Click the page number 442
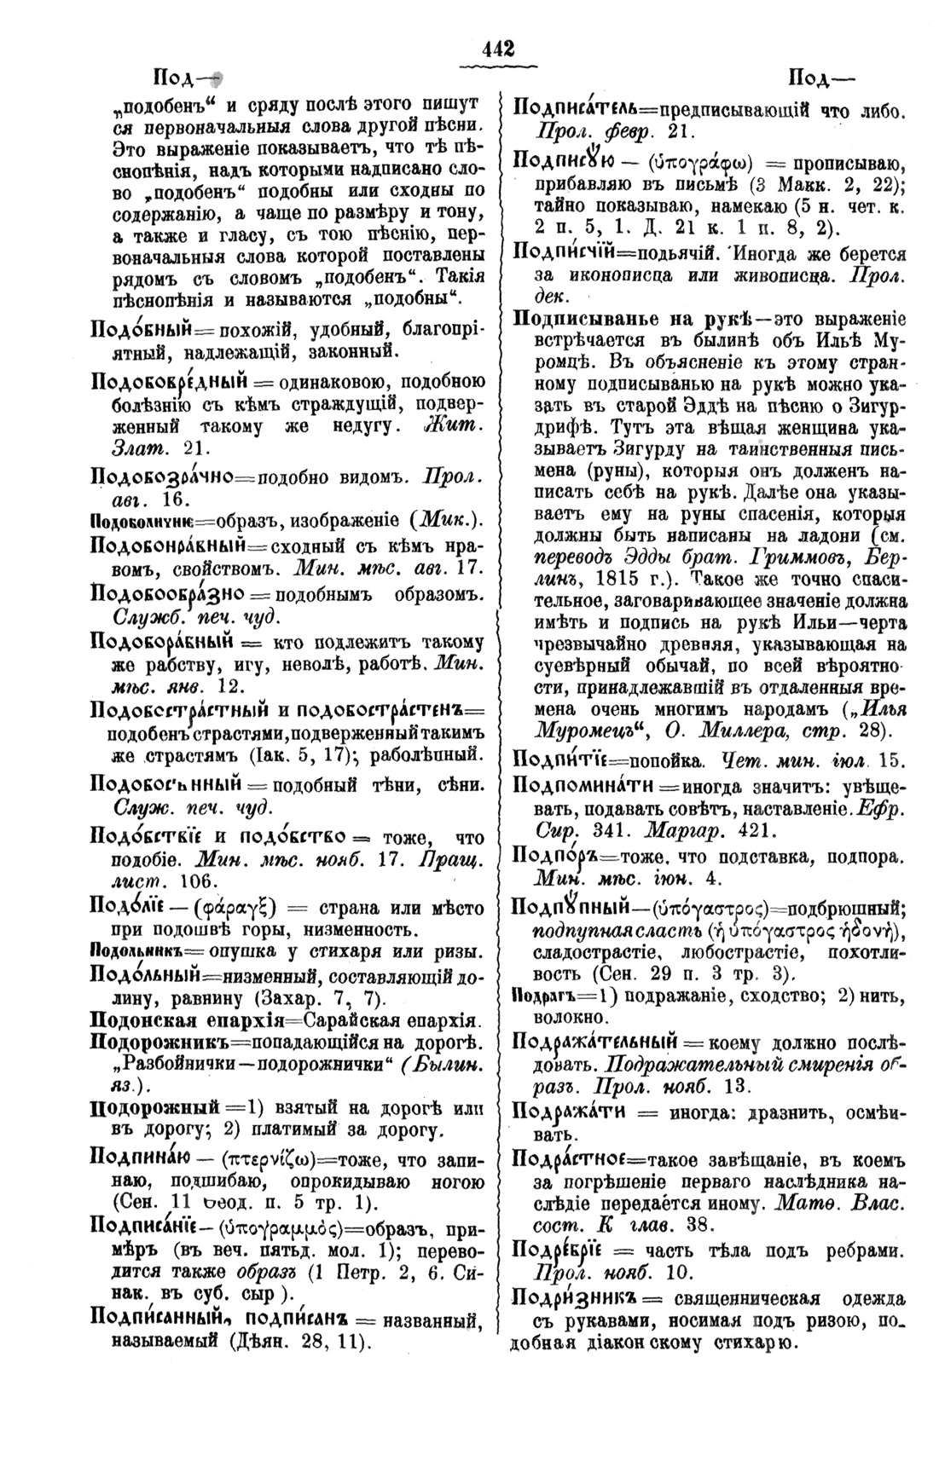499,49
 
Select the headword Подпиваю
142,1158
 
